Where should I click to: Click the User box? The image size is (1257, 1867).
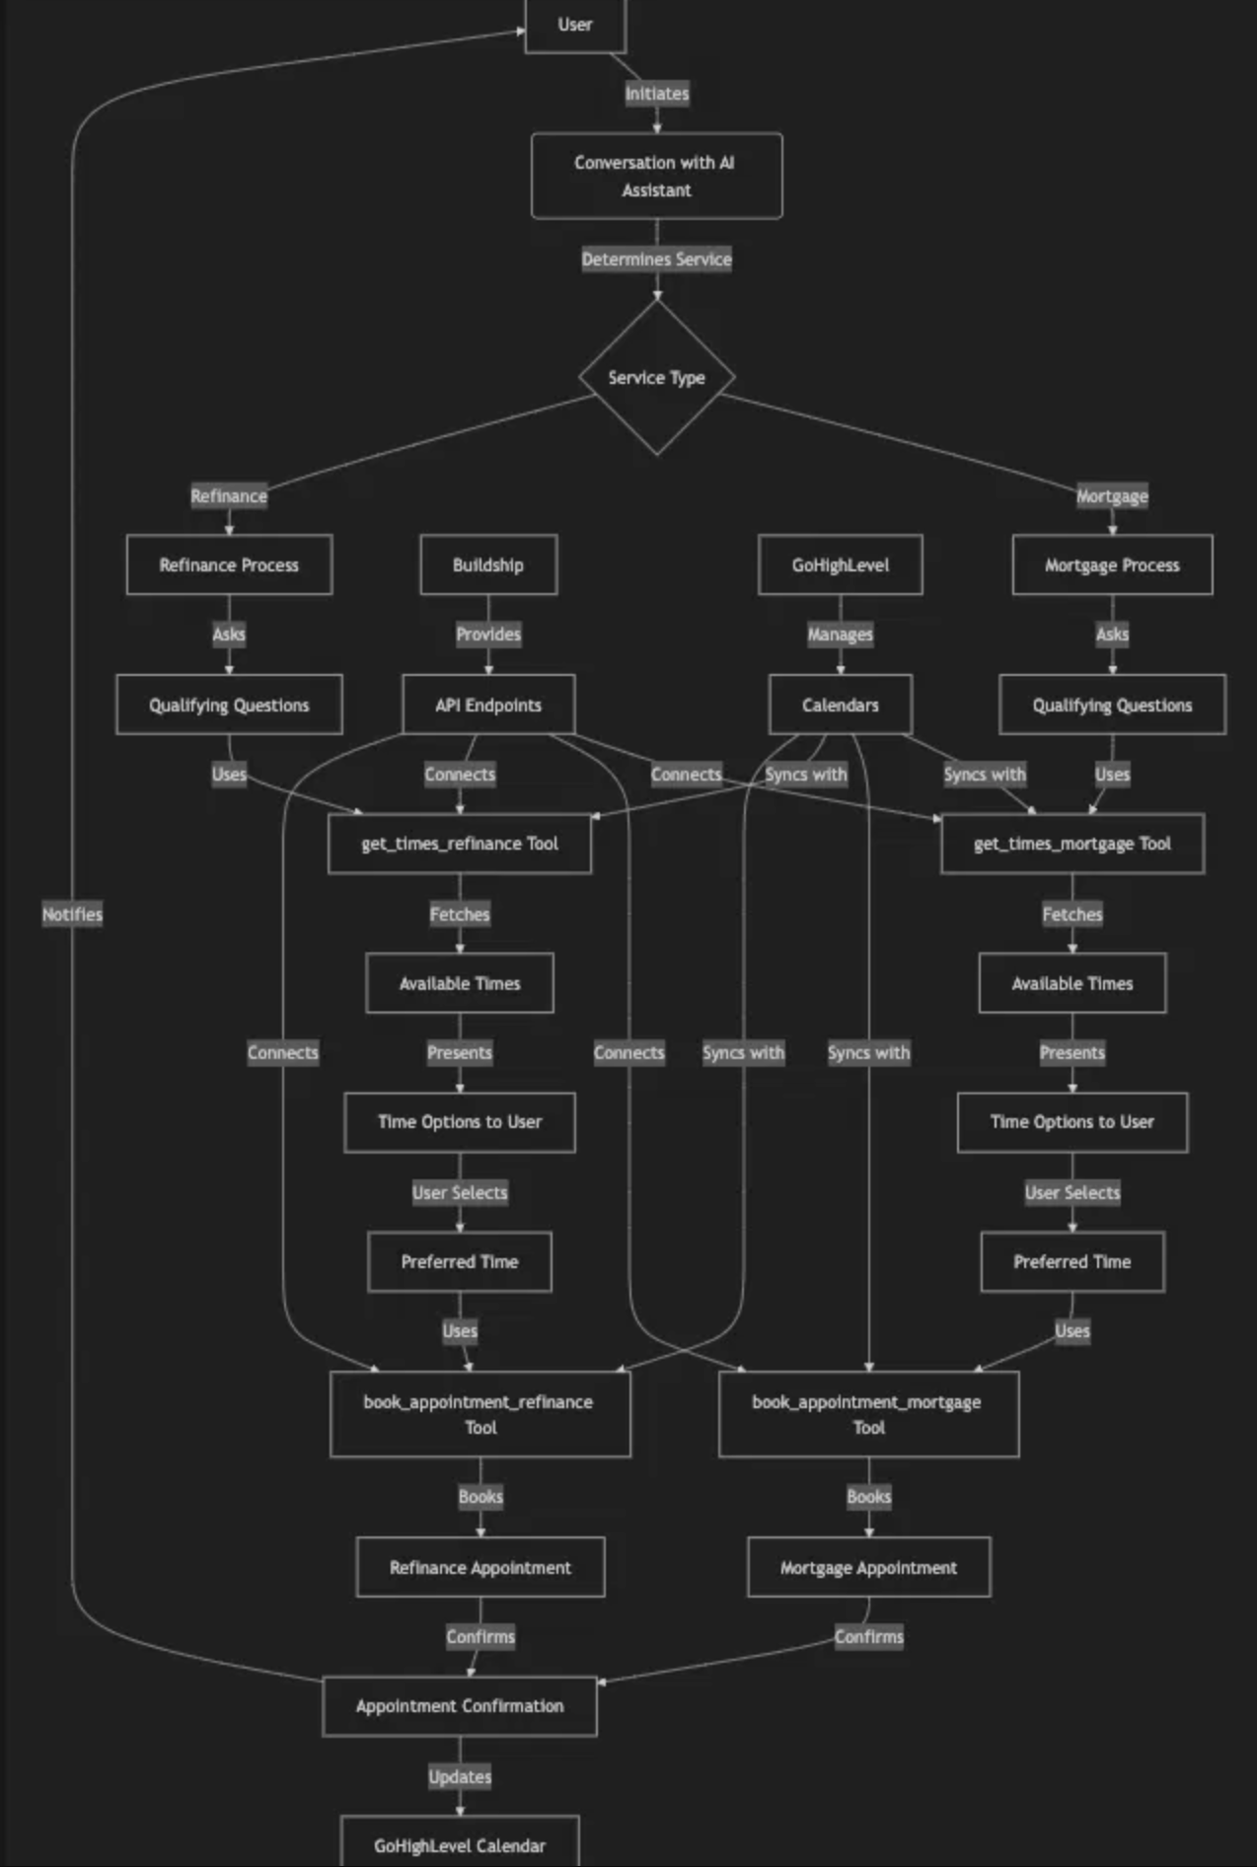[x=575, y=25]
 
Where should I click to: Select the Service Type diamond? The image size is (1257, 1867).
[x=656, y=377]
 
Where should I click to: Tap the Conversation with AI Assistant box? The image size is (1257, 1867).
[x=656, y=176]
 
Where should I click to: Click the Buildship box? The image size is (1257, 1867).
[x=488, y=564]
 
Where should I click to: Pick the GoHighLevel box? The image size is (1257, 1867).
[x=840, y=564]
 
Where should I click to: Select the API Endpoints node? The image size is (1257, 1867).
[x=488, y=705]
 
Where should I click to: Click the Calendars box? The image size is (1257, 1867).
[x=840, y=705]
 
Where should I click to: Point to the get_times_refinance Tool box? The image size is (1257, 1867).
[x=460, y=844]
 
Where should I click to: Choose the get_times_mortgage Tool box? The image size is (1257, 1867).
[x=1072, y=844]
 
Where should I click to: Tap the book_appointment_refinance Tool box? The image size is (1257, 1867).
[x=480, y=1414]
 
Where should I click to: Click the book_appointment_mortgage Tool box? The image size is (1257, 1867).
[x=868, y=1414]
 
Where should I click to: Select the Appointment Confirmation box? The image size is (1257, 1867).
[x=460, y=1706]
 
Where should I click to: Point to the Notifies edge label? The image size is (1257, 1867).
[x=72, y=914]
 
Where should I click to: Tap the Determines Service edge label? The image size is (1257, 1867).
[x=656, y=260]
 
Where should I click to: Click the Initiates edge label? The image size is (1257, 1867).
[x=657, y=94]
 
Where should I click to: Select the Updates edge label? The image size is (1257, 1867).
[x=460, y=1776]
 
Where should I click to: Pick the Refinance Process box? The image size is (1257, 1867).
[x=229, y=564]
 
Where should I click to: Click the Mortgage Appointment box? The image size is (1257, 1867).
[x=868, y=1567]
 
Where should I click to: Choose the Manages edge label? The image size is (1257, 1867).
[x=840, y=635]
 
